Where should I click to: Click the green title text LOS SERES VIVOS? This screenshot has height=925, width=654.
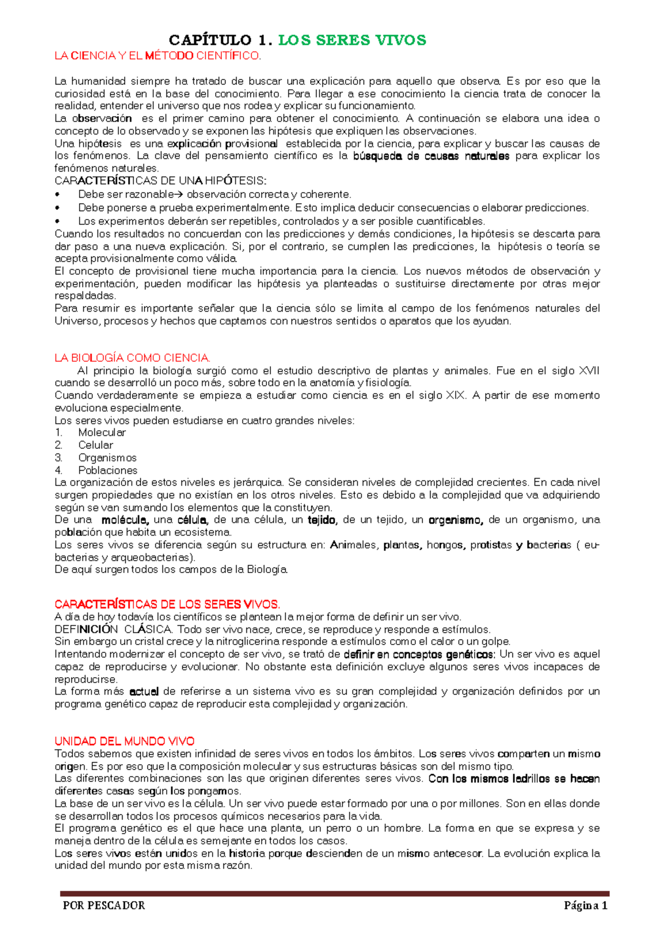352,40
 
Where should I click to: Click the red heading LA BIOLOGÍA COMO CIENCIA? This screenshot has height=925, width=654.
132,358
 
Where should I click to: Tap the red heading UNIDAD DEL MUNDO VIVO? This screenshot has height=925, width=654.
124,741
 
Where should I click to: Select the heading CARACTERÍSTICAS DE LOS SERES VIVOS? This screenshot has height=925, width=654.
167,604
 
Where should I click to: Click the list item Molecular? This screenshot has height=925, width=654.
102,433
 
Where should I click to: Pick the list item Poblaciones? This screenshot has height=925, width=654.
107,470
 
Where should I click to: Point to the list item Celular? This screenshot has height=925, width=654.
95,445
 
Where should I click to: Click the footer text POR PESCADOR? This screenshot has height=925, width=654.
104,905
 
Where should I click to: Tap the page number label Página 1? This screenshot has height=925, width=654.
585,905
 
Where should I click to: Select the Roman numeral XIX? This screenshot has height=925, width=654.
456,395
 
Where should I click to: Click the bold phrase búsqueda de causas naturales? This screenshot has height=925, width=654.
431,156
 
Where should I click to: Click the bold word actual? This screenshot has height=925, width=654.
144,691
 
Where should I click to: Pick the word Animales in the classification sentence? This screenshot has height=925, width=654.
354,545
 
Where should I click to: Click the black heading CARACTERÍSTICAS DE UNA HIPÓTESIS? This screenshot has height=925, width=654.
161,181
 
